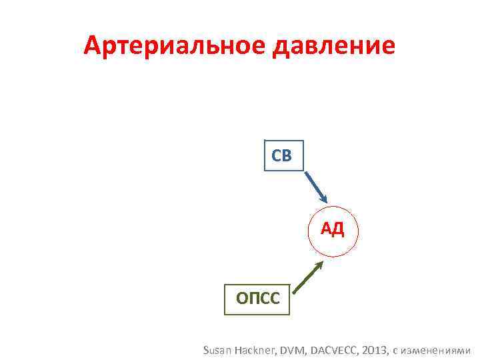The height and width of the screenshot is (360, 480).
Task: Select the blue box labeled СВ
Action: coord(283,156)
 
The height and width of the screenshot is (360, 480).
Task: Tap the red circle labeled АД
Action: coord(333,231)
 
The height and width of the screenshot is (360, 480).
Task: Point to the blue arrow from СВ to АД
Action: coord(317,187)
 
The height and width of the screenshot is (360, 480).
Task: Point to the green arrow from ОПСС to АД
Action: coord(308,277)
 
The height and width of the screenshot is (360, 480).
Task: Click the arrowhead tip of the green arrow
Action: coord(323,261)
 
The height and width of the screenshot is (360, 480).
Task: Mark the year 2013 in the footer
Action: coord(377,350)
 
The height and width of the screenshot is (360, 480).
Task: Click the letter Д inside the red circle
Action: coord(339,231)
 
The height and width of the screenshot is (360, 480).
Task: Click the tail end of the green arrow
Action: coord(294,292)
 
